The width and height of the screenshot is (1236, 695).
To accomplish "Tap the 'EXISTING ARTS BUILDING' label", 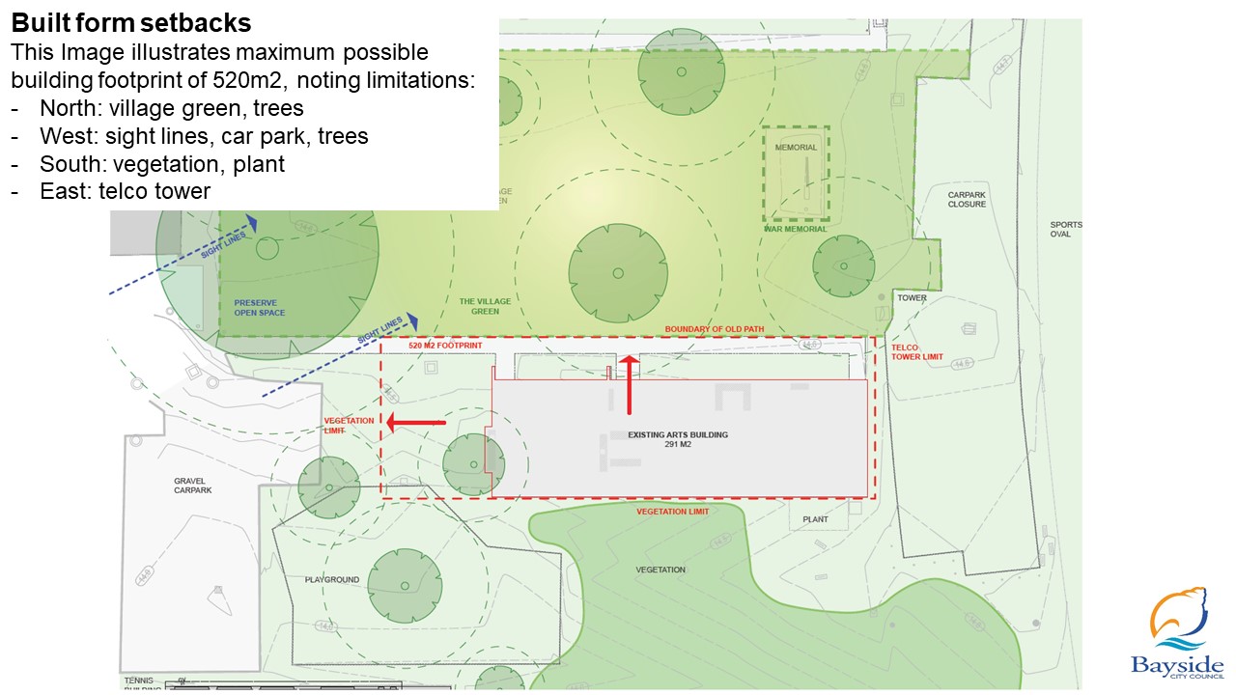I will (678, 439).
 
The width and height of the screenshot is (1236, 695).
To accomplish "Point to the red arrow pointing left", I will (416, 422).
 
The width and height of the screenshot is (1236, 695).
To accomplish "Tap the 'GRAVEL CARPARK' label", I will (192, 485).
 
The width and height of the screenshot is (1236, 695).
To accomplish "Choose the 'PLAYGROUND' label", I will (332, 579).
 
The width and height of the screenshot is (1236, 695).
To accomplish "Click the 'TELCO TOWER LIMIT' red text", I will (916, 351).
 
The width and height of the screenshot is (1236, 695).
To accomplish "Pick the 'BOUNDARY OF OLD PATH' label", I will (715, 329).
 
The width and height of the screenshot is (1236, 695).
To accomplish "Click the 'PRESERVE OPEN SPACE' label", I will (260, 307).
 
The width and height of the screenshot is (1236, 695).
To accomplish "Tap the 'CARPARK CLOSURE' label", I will (967, 200).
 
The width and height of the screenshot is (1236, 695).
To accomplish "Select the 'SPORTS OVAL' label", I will (1066, 230).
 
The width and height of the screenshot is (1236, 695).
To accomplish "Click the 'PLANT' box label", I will (816, 519).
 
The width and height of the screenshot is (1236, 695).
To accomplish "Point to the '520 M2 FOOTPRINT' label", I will (445, 345).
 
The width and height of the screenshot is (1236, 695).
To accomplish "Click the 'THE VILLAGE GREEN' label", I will (486, 307).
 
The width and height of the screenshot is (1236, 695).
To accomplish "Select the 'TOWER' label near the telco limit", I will (913, 298).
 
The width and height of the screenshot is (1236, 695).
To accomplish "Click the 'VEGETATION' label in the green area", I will (660, 570).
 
